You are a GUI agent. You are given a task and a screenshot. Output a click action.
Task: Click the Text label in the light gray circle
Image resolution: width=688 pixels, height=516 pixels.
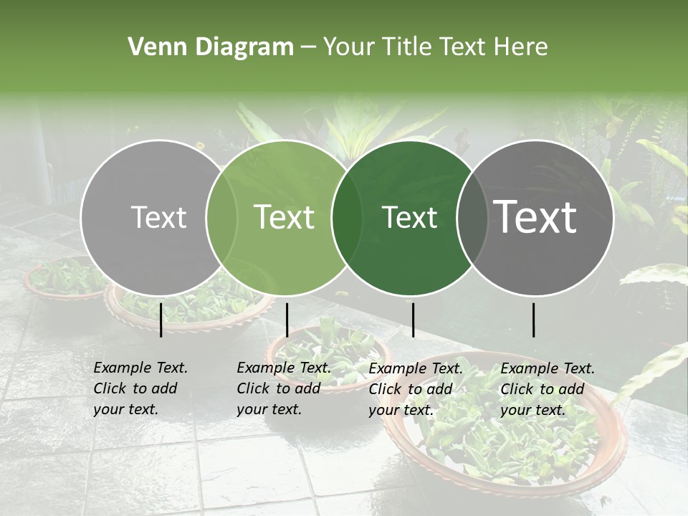tap(158, 217)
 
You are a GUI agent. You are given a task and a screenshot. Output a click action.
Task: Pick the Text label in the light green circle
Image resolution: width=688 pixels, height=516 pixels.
tap(285, 217)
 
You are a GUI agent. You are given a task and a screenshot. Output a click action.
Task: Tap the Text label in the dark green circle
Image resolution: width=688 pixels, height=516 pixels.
tap(409, 217)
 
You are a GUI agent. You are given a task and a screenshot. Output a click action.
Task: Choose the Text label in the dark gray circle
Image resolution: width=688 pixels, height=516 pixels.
tap(535, 217)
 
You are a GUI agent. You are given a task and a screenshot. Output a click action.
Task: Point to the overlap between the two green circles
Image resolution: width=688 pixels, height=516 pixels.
tap(347, 218)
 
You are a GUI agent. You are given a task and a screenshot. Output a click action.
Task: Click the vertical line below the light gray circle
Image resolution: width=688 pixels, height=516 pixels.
tap(161, 320)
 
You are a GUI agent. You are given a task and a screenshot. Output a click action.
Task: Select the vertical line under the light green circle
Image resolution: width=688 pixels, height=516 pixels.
tap(287, 320)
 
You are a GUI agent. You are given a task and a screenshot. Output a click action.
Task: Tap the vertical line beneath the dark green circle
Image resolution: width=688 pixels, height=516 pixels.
tap(413, 320)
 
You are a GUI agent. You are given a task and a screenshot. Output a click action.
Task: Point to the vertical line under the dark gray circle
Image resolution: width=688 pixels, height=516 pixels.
tap(533, 320)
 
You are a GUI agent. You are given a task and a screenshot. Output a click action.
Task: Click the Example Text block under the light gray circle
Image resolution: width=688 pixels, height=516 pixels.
tap(140, 388)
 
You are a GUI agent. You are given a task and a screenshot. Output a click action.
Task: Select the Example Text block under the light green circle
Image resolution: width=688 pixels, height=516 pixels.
tap(284, 388)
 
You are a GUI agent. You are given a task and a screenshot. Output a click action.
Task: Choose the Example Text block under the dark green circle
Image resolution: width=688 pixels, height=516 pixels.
tap(416, 389)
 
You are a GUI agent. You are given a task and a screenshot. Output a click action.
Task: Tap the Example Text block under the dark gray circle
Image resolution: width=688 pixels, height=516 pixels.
tap(548, 389)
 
